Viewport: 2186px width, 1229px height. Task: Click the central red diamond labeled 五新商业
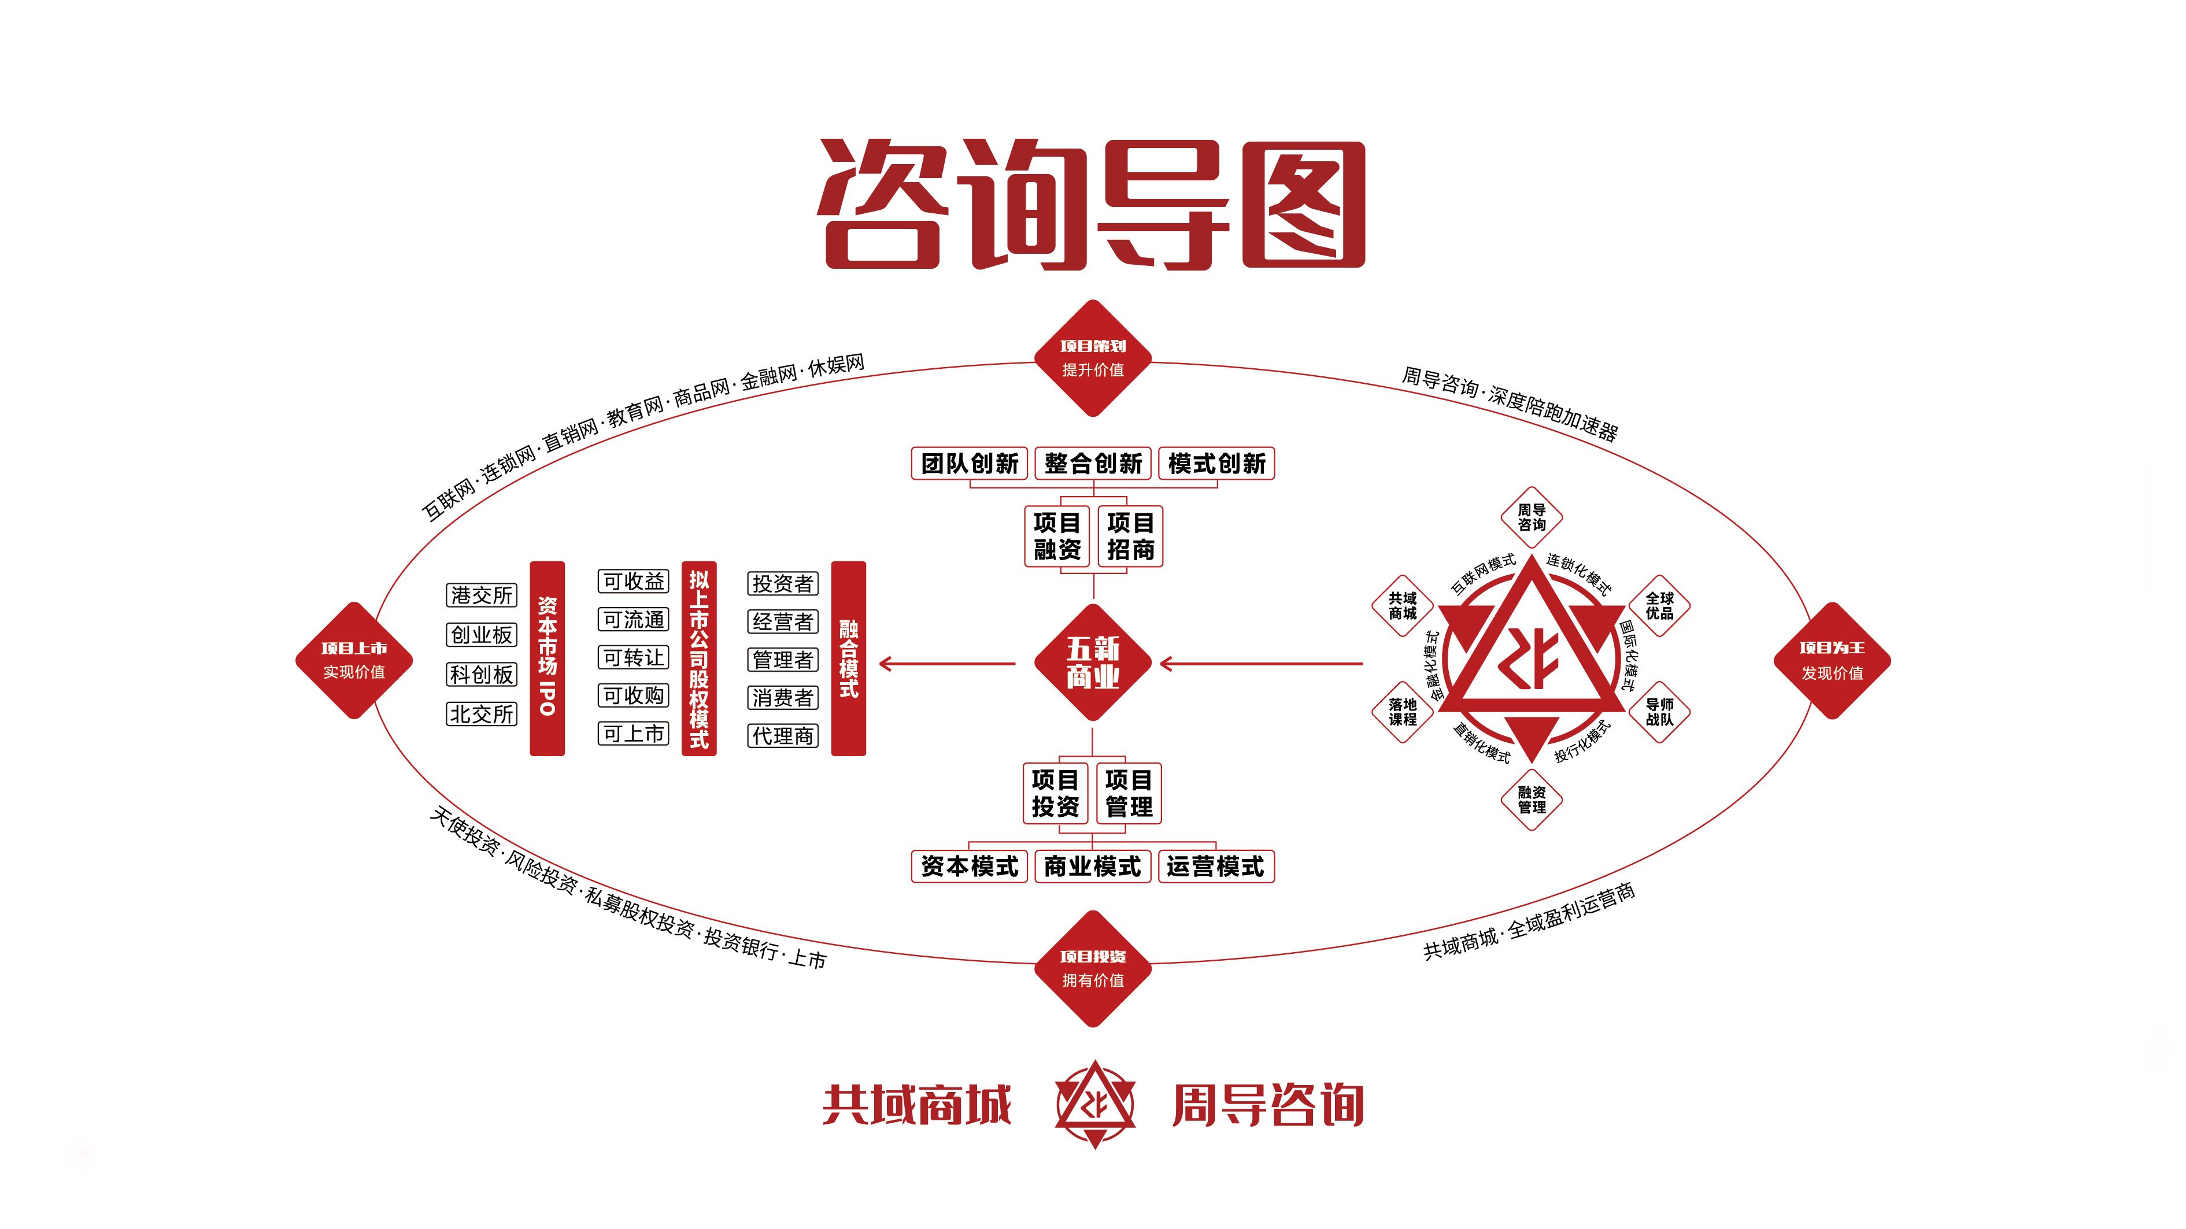point(1093,663)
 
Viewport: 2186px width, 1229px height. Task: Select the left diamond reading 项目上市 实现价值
point(354,660)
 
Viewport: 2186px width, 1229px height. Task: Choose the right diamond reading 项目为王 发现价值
point(1832,660)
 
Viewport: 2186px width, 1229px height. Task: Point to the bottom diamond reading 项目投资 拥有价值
point(1093,968)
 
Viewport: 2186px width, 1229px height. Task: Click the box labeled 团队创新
point(969,464)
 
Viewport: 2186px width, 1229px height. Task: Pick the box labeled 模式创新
point(1216,464)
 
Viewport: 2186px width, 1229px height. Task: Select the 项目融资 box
point(1056,536)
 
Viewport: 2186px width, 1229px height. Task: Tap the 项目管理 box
point(1129,793)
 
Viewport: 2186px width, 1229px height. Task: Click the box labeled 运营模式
point(1215,867)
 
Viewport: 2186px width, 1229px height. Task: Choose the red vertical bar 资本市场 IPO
point(548,658)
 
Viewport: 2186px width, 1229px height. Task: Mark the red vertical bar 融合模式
point(849,658)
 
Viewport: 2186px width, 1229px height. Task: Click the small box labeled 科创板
point(481,674)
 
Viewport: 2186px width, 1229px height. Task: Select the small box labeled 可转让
point(633,657)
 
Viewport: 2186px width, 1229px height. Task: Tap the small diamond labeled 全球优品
point(1659,605)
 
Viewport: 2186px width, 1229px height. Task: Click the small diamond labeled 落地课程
point(1403,711)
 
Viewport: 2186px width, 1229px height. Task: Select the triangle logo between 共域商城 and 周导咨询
point(1094,1104)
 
